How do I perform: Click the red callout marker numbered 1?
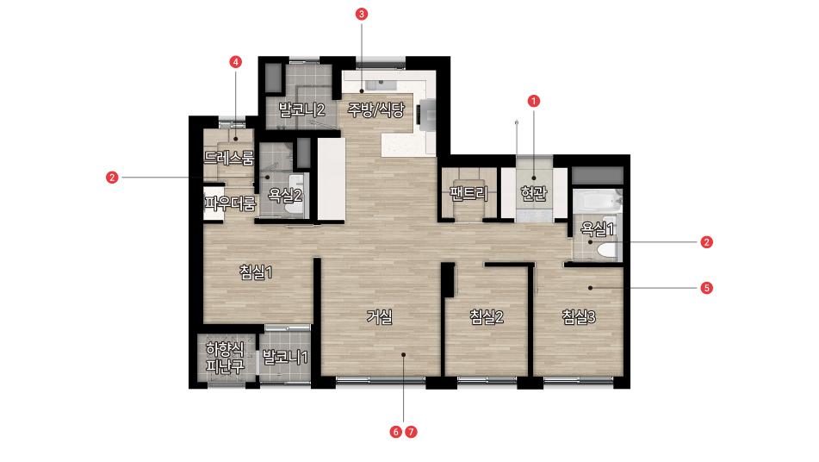coord(533,101)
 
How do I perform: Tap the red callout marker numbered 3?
coord(362,14)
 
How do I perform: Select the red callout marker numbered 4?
coord(236,62)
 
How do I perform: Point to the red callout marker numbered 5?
coord(707,288)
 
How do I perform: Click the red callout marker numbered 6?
coord(396,432)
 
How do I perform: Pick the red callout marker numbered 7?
coord(411,432)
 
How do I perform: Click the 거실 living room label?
coord(379,316)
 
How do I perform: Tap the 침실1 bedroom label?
coord(256,272)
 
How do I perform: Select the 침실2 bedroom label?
coord(487,316)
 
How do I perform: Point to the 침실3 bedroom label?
coord(579,316)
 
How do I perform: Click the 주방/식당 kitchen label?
coord(376,109)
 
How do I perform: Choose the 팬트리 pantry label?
coord(469,193)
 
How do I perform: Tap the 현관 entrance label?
coord(534,193)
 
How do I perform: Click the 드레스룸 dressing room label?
coord(229,158)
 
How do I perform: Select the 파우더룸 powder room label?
coord(230,203)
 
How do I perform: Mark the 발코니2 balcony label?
coord(301,109)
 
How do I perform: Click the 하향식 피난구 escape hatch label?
coord(225,358)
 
